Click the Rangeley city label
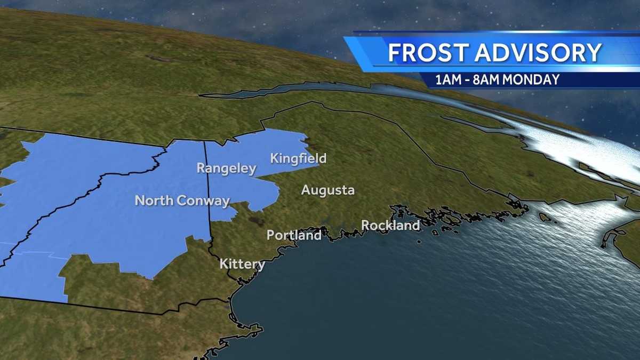[227, 169]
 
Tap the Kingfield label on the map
[298, 158]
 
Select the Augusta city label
[327, 190]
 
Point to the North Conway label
[182, 201]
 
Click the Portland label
[294, 235]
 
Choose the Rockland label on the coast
[390, 226]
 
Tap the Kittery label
[242, 264]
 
